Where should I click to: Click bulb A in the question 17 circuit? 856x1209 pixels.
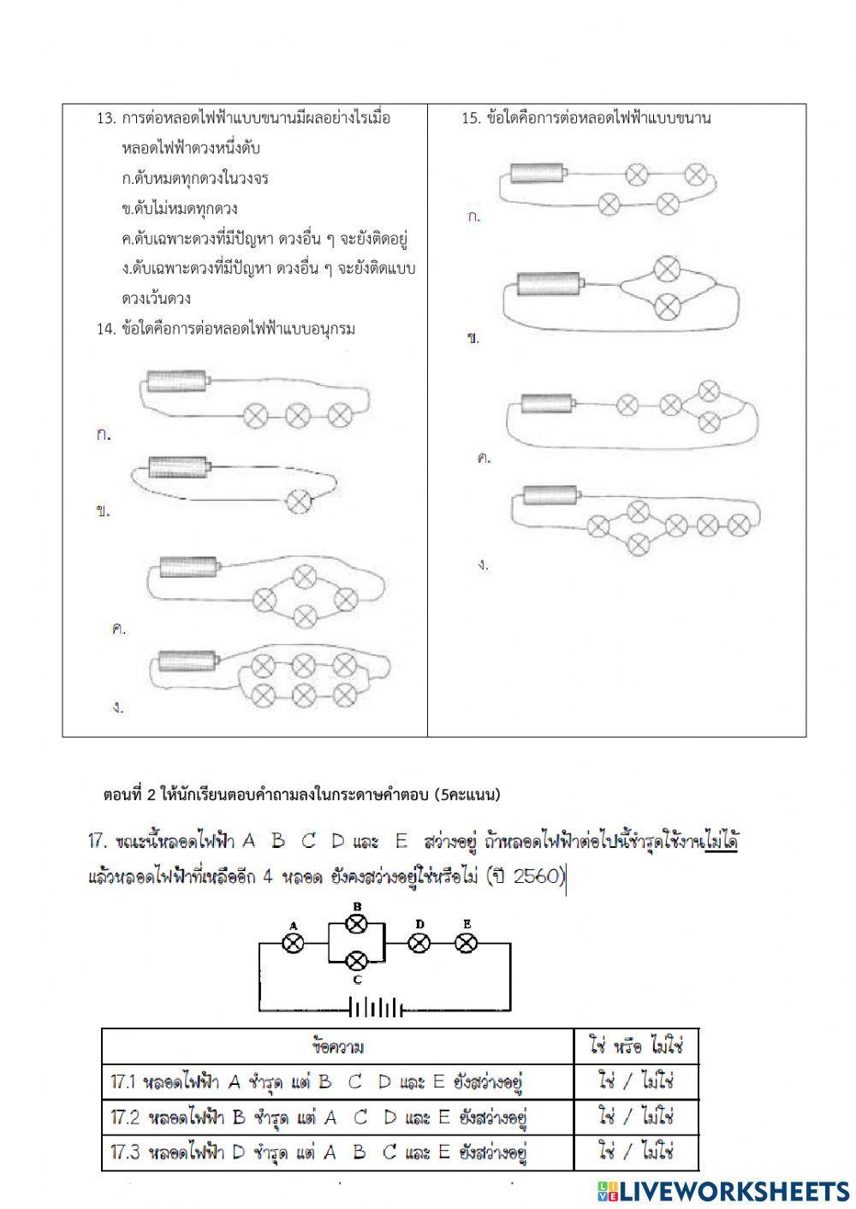[x=294, y=943]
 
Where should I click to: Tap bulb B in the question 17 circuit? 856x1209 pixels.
[x=357, y=923]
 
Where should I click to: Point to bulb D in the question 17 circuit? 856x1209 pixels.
[x=419, y=943]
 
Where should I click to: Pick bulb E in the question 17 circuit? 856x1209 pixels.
[x=466, y=943]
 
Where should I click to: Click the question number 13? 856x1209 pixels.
[x=106, y=118]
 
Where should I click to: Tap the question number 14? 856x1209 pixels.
[x=106, y=329]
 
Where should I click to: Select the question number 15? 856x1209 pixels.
[x=472, y=118]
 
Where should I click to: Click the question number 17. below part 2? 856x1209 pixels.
[x=98, y=841]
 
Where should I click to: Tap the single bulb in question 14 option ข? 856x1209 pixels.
[x=299, y=501]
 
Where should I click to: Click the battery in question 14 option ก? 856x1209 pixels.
[x=178, y=380]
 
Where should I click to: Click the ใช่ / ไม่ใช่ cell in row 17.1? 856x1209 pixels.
[x=636, y=1082]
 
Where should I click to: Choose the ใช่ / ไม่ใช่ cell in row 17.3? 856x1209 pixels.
[x=636, y=1152]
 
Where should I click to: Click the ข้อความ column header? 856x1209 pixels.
[x=338, y=1046]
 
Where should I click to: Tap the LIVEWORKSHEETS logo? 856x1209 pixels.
[x=724, y=1190]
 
